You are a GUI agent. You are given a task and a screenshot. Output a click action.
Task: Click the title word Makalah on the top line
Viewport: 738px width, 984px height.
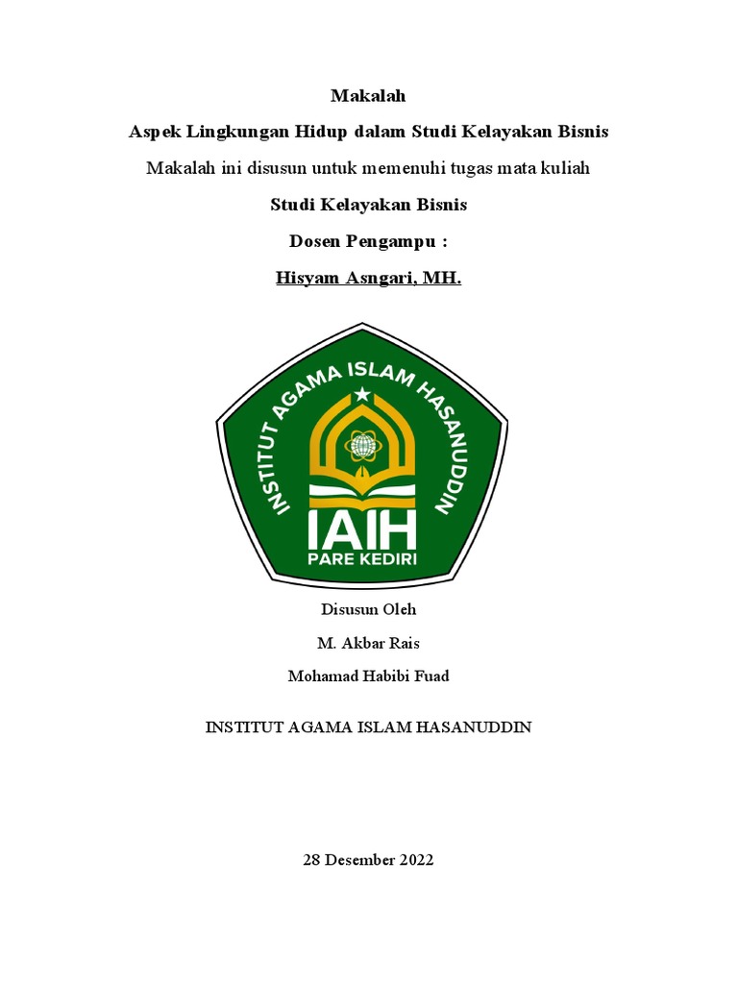pyautogui.click(x=368, y=95)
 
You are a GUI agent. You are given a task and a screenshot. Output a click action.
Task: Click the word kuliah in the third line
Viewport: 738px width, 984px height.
pyautogui.click(x=565, y=168)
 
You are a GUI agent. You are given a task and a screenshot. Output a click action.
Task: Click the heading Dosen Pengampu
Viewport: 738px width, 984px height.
pyautogui.click(x=369, y=242)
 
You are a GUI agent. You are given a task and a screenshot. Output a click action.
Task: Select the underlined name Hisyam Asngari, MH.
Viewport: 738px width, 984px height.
pyautogui.click(x=369, y=280)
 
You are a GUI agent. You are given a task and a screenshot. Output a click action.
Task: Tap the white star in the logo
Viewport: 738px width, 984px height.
pyautogui.click(x=361, y=394)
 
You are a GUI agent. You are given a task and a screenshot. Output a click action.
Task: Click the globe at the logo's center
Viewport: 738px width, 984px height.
pyautogui.click(x=362, y=445)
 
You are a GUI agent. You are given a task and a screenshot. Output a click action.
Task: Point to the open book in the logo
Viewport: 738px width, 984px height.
pyautogui.click(x=361, y=492)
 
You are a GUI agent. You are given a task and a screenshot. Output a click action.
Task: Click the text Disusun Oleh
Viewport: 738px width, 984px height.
pyautogui.click(x=369, y=609)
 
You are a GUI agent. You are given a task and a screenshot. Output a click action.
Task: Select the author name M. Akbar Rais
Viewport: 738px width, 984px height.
pyautogui.click(x=369, y=643)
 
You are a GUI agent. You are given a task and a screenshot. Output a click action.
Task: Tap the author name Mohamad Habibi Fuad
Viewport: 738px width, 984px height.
pyautogui.click(x=369, y=676)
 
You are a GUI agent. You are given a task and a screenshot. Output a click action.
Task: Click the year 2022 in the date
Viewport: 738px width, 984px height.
pyautogui.click(x=416, y=860)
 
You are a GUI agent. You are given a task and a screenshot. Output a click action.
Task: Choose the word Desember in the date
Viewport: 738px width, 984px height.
pyautogui.click(x=359, y=860)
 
